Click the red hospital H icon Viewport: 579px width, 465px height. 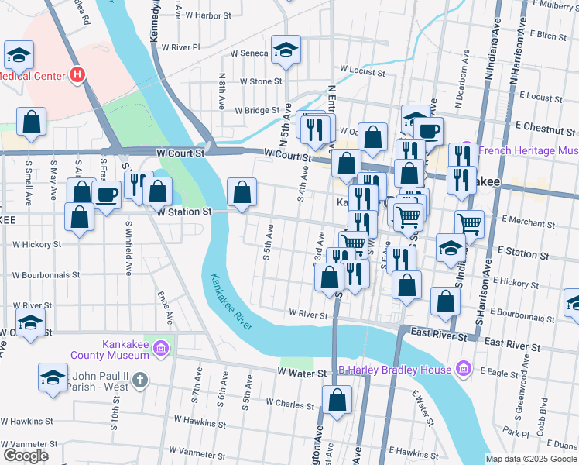coord(77,75)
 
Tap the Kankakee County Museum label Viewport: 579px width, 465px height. coord(125,350)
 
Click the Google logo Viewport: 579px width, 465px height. coord(26,456)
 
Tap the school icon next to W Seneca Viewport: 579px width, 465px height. coord(286,52)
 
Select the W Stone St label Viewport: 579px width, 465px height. coord(261,81)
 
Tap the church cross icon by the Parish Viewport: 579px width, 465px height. coord(139,380)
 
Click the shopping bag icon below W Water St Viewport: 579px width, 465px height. coord(337,401)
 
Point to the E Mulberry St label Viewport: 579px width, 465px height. coord(550,5)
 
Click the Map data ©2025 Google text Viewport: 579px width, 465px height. coord(531,459)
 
